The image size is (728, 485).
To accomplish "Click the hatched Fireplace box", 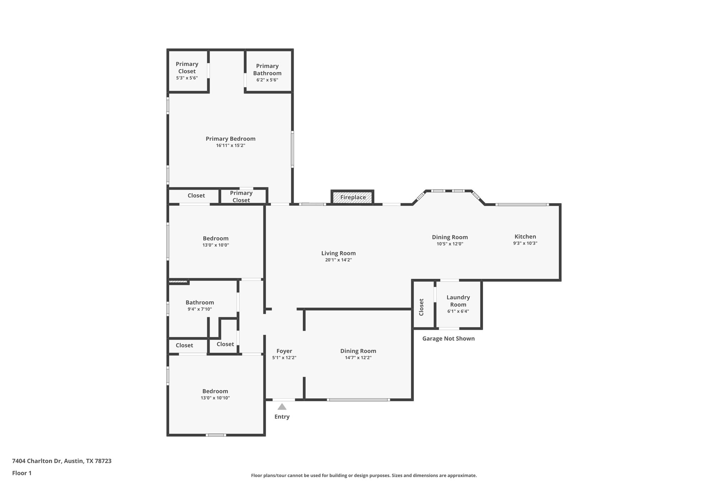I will tap(353, 197).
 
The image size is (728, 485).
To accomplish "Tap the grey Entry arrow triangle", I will tap(282, 406).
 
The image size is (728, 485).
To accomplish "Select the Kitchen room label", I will tap(525, 237).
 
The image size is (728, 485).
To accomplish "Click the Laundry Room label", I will tap(458, 301).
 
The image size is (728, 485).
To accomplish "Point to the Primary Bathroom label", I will tap(267, 70).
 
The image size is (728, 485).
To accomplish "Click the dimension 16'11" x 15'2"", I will tap(231, 145).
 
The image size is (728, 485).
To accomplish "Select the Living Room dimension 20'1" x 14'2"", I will tap(338, 260).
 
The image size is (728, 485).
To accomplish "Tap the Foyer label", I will tap(284, 351).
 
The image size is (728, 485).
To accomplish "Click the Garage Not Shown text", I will tap(448, 339).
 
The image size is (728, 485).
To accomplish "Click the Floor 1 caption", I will tap(22, 473).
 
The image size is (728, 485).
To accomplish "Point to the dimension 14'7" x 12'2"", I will tap(358, 358).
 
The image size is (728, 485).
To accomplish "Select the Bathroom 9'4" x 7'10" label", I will tap(200, 306).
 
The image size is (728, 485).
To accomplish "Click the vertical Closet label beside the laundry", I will tap(422, 307).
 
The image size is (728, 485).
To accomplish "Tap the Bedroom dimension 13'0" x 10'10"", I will tap(215, 398).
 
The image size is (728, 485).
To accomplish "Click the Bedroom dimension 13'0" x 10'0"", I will tap(216, 245).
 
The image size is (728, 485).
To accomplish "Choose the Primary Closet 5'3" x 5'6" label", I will tap(187, 70).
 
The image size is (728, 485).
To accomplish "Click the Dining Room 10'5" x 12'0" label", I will tap(450, 240).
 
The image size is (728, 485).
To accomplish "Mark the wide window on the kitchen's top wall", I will tap(522, 205).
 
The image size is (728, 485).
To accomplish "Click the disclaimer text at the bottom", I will tap(364, 475).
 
